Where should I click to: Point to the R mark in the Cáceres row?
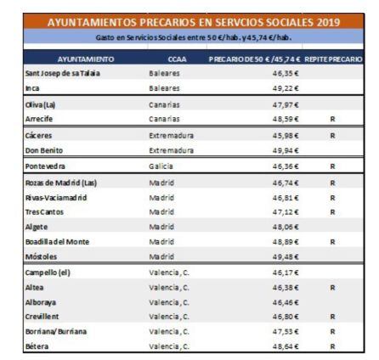[x=333, y=134]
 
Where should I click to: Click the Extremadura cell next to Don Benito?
[x=172, y=149]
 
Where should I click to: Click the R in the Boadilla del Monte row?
[x=333, y=241]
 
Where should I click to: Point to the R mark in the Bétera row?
[x=333, y=346]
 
